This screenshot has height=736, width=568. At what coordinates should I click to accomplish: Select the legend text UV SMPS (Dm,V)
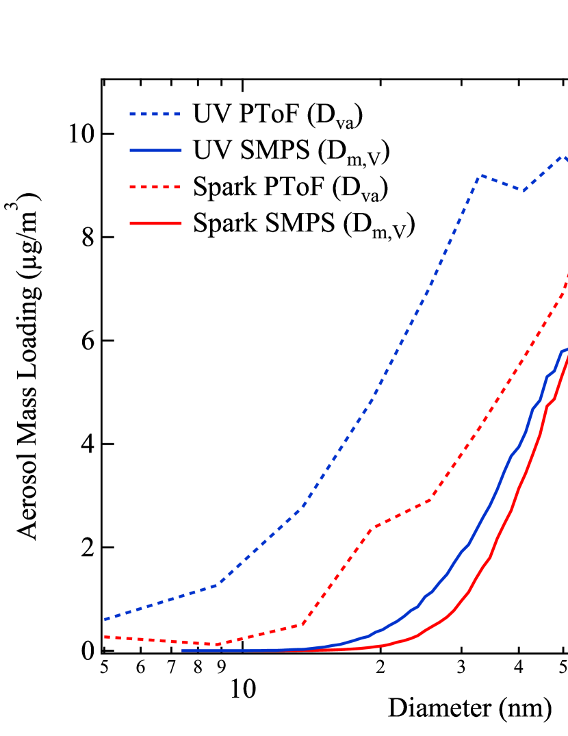(x=292, y=152)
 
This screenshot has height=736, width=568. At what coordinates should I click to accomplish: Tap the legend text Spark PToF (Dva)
(x=291, y=188)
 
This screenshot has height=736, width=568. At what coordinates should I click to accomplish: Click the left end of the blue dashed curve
(x=105, y=620)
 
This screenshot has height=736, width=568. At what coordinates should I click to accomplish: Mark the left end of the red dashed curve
(x=105, y=637)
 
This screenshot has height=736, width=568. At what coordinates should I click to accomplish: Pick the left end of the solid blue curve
(x=183, y=650)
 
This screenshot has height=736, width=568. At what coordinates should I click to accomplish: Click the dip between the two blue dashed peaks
(x=524, y=190)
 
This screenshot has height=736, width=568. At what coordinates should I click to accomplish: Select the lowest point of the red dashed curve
(x=216, y=644)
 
